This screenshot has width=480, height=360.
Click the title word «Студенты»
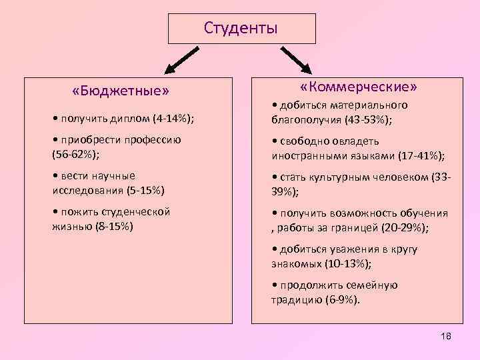pyautogui.click(x=240, y=28)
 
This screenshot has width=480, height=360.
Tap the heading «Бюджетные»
pyautogui.click(x=121, y=89)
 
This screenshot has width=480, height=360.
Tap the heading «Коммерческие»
pyautogui.click(x=359, y=87)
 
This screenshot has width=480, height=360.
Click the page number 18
pyautogui.click(x=446, y=335)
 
